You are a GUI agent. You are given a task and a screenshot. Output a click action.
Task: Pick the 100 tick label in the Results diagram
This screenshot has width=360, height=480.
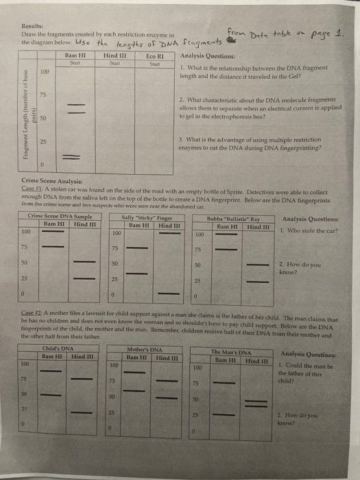pos(44,71)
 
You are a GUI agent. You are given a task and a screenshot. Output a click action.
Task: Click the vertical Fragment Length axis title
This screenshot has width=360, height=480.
pos(24,113)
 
